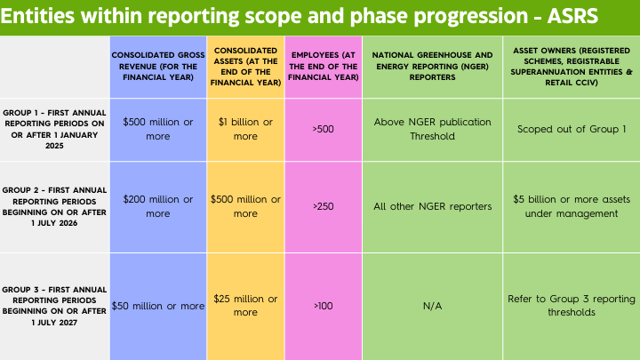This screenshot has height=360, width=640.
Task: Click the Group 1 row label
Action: point(54,129)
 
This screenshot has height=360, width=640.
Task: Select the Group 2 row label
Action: point(54,206)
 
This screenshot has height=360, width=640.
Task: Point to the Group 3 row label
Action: point(54,305)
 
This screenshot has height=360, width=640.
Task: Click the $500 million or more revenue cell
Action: point(158,129)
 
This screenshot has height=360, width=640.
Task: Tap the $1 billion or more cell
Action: point(245,129)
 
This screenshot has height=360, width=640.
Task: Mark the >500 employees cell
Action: point(323,129)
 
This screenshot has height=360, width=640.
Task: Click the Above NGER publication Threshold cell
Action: point(432,129)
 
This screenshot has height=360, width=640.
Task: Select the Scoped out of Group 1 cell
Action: point(567,129)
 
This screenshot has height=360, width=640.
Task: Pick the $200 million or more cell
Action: point(158,206)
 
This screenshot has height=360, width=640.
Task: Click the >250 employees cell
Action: point(323,206)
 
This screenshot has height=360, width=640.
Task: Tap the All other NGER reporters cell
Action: point(432,206)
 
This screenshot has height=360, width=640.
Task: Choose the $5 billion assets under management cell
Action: point(567,206)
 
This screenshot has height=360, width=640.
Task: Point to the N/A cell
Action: point(432,306)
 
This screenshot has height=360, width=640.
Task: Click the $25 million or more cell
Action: point(245,306)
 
